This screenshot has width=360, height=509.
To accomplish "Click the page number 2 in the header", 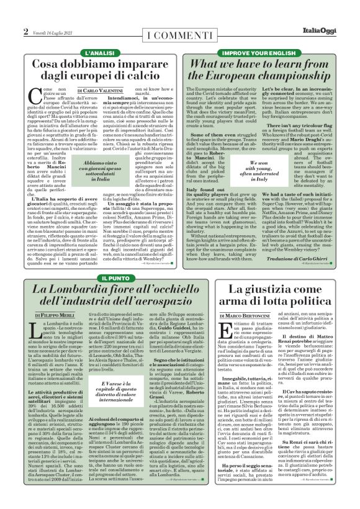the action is (x=26, y=32).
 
